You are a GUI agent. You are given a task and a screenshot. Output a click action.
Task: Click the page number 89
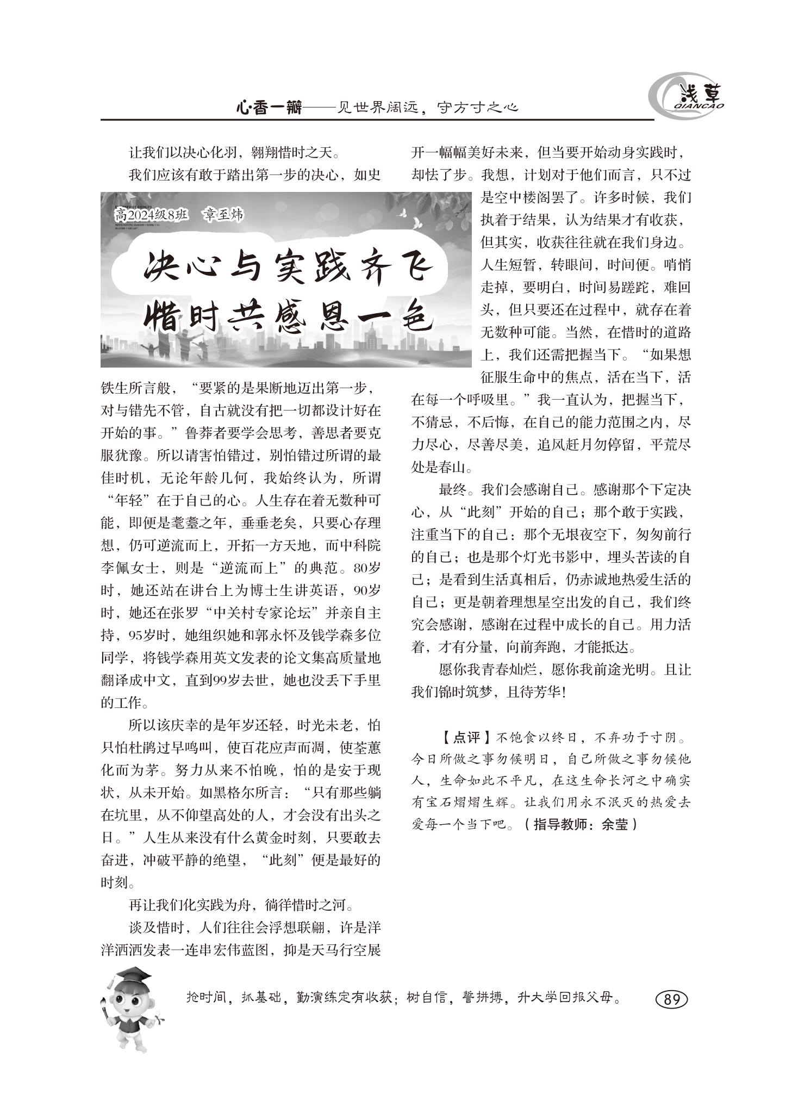(671, 999)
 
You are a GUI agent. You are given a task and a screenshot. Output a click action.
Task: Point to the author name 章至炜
(223, 215)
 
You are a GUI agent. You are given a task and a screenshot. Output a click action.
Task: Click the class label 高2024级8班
(152, 215)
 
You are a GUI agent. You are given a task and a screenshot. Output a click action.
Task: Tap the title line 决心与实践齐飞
(288, 266)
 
